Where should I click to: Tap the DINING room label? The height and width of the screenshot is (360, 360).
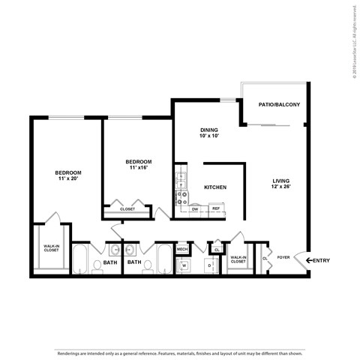209,133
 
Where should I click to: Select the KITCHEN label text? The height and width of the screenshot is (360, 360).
215,187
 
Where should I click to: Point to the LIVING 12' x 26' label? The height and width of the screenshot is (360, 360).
281,184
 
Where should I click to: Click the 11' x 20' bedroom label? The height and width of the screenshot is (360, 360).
68,175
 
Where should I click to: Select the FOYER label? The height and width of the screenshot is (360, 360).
283,257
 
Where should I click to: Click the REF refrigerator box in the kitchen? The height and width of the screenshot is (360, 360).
216,208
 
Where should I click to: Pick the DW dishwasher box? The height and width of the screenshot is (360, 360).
195,208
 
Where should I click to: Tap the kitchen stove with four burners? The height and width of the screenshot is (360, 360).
181,197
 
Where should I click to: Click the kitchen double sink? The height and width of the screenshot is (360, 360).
181,179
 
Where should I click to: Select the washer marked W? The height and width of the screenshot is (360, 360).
183,265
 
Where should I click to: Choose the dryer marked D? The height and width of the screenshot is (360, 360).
209,265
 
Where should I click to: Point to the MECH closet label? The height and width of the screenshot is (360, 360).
182,248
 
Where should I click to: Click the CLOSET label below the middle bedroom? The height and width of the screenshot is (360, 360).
127,209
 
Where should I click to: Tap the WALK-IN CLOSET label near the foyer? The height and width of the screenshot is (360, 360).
238,259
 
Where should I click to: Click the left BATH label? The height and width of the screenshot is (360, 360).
109,262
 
